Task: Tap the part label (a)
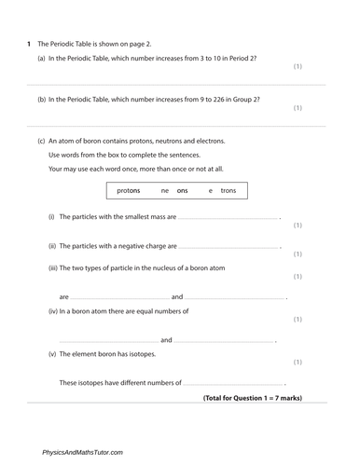[x=42, y=59]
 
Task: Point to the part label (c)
[x=42, y=141]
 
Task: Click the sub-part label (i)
[x=51, y=216]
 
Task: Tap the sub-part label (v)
[x=51, y=354]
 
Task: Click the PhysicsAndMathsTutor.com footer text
[x=82, y=452]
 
